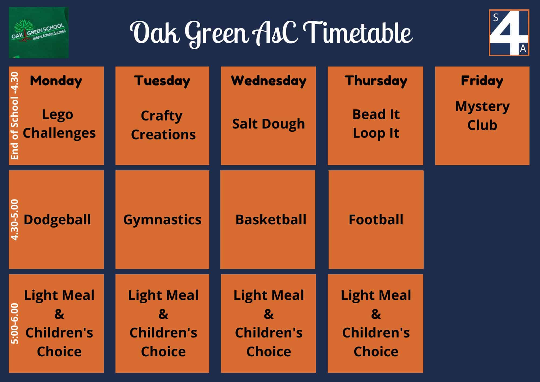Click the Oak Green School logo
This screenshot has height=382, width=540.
click(x=38, y=33)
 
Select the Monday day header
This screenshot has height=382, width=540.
click(x=56, y=81)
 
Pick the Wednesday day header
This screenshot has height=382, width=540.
click(x=269, y=81)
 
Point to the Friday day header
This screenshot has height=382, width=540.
click(x=482, y=81)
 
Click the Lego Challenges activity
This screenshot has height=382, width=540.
click(x=59, y=124)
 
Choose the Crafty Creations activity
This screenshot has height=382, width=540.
click(x=163, y=125)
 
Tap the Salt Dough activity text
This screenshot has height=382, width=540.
click(x=268, y=124)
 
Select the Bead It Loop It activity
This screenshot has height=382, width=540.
click(x=376, y=124)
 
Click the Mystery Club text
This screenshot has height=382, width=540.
click(x=482, y=116)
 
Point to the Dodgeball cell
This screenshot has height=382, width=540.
click(x=57, y=219)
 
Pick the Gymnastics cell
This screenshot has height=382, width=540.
click(x=162, y=219)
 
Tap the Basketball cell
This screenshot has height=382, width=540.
click(x=271, y=219)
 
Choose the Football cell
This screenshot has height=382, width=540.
click(x=376, y=219)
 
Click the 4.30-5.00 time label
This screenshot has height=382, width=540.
click(x=14, y=219)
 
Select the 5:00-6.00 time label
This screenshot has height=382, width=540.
click(x=14, y=323)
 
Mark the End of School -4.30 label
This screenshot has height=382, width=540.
click(x=14, y=116)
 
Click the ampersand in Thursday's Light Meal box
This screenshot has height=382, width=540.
click(x=376, y=314)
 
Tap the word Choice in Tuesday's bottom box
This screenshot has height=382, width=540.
click(x=163, y=351)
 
